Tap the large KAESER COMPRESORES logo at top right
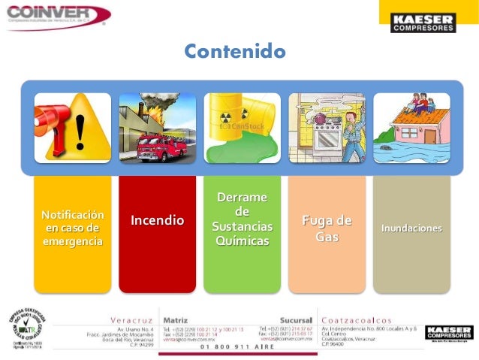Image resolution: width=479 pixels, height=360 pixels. [x=423, y=23]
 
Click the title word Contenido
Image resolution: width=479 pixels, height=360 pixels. [x=235, y=52]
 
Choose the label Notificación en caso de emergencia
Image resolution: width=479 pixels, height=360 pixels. [x=72, y=228]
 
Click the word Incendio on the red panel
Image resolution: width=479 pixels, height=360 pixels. [x=157, y=220]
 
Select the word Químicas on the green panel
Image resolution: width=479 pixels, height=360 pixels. [x=242, y=241]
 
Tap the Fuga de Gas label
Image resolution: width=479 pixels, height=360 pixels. [x=327, y=228]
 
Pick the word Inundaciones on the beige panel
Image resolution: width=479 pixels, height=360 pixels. [x=411, y=228]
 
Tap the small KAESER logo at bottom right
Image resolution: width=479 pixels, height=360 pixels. [x=449, y=332]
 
